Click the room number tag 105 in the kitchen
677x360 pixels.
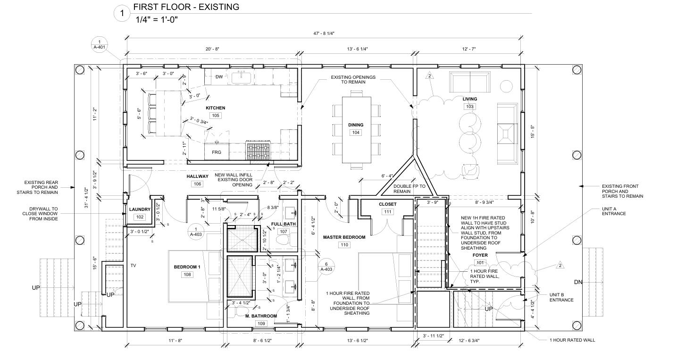click(x=215, y=116)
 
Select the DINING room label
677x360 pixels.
click(x=356, y=125)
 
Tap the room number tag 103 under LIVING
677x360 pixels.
click(x=469, y=107)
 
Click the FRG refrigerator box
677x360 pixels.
click(x=217, y=152)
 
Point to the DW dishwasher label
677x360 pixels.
click(x=219, y=77)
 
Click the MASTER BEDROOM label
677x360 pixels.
click(x=344, y=237)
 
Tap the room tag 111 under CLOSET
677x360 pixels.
click(x=388, y=212)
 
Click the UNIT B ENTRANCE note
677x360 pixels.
click(x=561, y=297)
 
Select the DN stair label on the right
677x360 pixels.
click(x=578, y=282)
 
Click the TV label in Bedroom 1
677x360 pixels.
click(x=134, y=266)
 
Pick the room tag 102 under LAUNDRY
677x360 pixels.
click(x=140, y=217)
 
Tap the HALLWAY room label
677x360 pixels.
click(x=197, y=176)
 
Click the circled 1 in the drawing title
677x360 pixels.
click(x=122, y=14)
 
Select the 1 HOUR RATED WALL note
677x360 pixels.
click(x=572, y=340)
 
